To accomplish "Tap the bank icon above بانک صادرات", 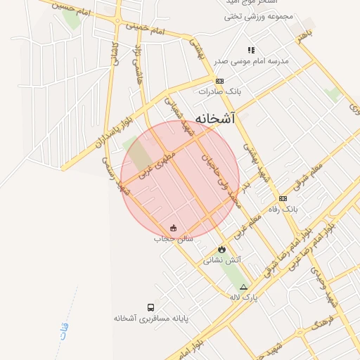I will pyautogui.click(x=219, y=82).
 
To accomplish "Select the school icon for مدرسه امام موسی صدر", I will pyautogui.click(x=251, y=50).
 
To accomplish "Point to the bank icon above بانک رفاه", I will pyautogui.click(x=283, y=198).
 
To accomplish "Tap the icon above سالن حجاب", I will pyautogui.click(x=174, y=228).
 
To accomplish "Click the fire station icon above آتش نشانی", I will pyautogui.click(x=222, y=249).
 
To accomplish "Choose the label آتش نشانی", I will pyautogui.click(x=222, y=260).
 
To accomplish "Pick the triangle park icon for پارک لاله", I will pyautogui.click(x=244, y=287).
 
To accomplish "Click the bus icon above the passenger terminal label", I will pyautogui.click(x=150, y=307).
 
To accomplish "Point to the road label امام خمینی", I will pyautogui.click(x=146, y=30).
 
